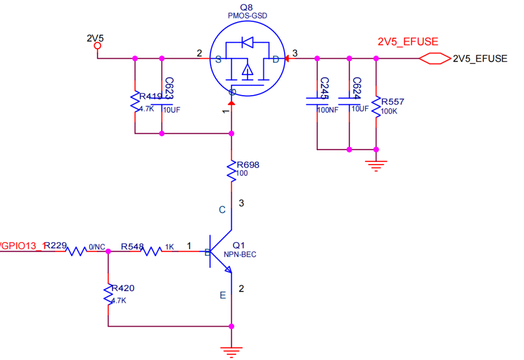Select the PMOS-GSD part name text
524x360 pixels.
(x=247, y=16)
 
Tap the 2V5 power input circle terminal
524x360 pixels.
(x=98, y=46)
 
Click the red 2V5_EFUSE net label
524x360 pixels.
(x=408, y=41)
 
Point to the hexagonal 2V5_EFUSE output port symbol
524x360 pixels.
(x=435, y=59)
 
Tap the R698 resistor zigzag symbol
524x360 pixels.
(x=232, y=171)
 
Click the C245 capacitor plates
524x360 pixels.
(x=317, y=101)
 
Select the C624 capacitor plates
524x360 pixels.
(x=348, y=101)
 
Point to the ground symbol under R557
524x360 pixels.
(x=376, y=165)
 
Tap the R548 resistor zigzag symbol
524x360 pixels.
(x=150, y=251)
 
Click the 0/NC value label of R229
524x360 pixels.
(x=97, y=247)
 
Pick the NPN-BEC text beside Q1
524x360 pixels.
(x=240, y=255)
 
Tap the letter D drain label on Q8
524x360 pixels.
(x=276, y=59)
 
